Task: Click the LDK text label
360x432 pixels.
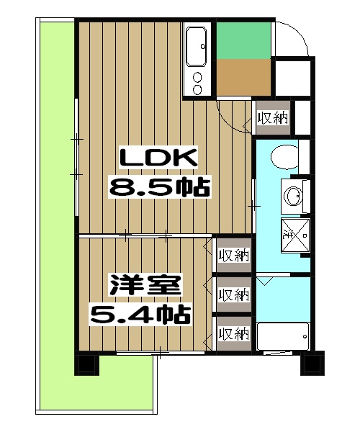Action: pos(158,156)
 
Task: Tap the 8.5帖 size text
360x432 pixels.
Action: pos(158,188)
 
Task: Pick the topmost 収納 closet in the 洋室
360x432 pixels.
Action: pos(234,255)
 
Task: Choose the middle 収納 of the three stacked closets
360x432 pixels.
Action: pos(234,294)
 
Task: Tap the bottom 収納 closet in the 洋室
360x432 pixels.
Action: pos(234,333)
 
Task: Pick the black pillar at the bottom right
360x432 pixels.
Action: pos(312,362)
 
